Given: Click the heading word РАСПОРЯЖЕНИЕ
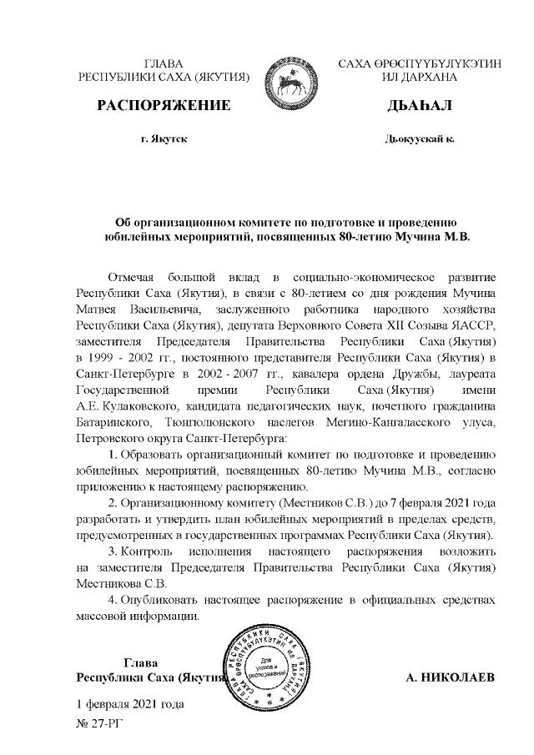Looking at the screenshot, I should coord(164,106).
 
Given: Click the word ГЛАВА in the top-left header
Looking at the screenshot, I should coord(164,63).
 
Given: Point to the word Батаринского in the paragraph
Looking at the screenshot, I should coord(115,422).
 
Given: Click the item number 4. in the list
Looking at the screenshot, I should coord(113,600).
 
